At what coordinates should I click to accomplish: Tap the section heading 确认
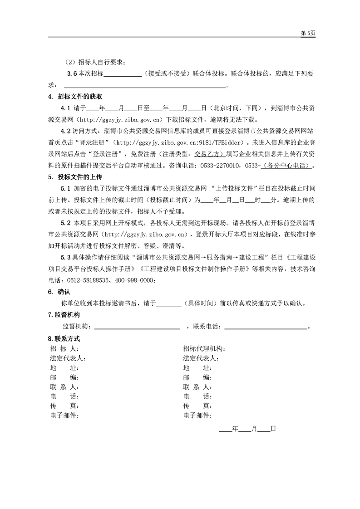tap(64, 292)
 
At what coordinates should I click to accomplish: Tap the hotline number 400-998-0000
tap(136, 280)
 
